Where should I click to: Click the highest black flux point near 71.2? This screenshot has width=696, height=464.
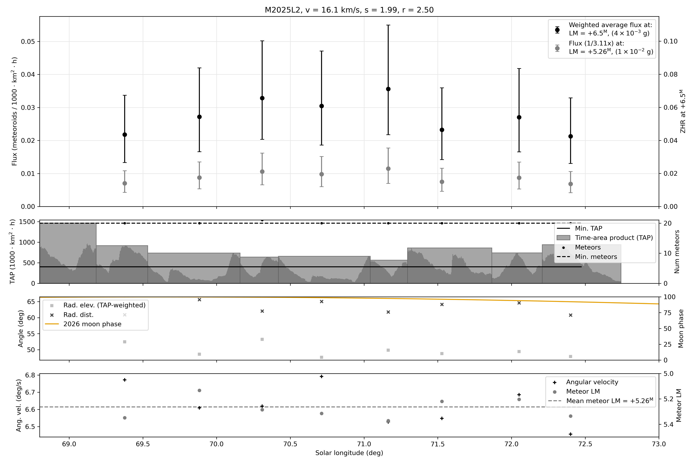pos(388,89)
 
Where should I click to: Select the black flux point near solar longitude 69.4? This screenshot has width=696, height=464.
pos(125,135)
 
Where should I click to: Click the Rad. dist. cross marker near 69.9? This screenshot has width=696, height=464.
pos(200,300)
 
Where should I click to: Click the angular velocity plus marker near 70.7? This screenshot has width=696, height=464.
pos(322,376)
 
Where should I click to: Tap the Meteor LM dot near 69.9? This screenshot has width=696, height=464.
pos(200,391)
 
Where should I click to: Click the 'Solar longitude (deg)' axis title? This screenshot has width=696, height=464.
pos(349,453)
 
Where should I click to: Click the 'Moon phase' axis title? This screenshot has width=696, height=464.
pos(681,329)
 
